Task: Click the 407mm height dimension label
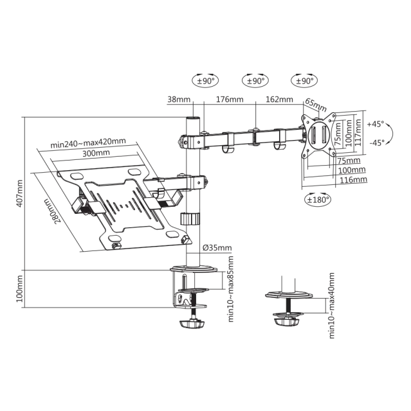(x=20, y=193)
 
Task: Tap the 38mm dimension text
(x=179, y=100)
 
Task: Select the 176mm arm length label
(x=230, y=100)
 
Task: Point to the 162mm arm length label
(x=279, y=100)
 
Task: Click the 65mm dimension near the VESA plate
(x=316, y=105)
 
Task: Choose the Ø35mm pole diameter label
(x=217, y=248)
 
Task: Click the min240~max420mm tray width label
(x=88, y=143)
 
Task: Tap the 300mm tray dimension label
(x=96, y=153)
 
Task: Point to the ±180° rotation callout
(x=318, y=200)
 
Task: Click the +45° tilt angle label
(x=376, y=124)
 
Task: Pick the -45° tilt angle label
(x=377, y=143)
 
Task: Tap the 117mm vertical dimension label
(x=358, y=132)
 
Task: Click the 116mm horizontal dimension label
(x=353, y=180)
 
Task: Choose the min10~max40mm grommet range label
(x=332, y=306)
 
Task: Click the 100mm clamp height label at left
(x=20, y=288)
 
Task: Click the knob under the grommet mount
(x=287, y=321)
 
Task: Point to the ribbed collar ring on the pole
(x=190, y=219)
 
